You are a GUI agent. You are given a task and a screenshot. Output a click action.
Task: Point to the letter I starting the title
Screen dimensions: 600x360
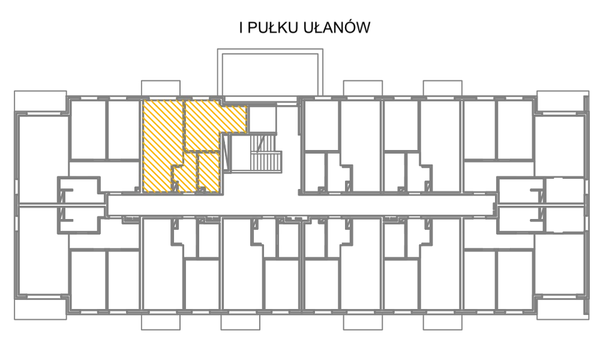(241, 28)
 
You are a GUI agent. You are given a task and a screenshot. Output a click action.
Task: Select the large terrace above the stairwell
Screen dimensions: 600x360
(270, 73)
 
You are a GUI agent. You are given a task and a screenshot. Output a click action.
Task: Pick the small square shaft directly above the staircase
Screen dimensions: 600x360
(262, 119)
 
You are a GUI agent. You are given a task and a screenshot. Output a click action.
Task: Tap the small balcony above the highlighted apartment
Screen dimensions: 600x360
(161, 88)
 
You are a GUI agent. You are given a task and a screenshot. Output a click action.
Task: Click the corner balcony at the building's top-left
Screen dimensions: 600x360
(41, 102)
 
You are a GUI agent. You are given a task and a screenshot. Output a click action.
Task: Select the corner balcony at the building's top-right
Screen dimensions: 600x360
(563, 101)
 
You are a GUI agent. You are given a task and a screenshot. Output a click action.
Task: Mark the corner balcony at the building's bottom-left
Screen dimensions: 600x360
(41, 308)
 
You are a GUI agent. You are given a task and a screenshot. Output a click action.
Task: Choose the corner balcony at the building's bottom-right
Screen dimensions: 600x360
(563, 308)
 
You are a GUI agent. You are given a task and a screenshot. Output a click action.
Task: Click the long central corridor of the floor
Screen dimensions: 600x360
(301, 205)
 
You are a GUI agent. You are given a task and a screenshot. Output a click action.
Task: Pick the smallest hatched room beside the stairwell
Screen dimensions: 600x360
(209, 171)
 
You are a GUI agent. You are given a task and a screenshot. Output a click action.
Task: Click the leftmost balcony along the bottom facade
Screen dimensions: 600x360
(161, 322)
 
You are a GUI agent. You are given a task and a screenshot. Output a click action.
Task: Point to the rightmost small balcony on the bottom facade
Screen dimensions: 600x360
(442, 322)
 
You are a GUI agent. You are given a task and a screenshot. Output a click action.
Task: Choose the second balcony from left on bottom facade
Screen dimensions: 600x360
(241, 322)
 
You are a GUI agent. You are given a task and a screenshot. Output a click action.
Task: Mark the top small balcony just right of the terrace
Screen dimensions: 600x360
(363, 88)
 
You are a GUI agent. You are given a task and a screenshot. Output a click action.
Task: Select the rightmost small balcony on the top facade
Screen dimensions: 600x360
(442, 88)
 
